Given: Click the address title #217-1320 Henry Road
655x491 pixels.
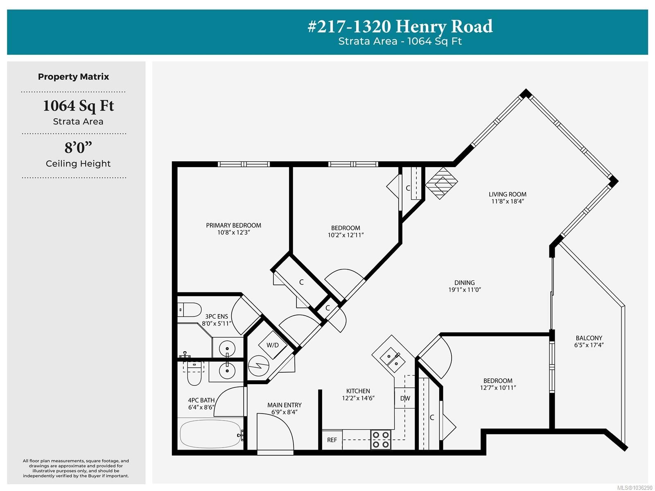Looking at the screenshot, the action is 400,26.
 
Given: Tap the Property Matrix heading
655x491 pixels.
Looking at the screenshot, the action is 73,77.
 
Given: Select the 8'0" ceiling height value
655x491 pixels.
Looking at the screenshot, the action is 78,148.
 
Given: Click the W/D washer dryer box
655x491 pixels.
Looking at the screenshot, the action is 273,345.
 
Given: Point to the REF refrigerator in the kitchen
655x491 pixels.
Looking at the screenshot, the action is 332,440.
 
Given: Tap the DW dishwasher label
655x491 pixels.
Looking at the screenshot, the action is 405,398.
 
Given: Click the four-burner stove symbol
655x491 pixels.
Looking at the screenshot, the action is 380,440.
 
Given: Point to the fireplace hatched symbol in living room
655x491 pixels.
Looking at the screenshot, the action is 441,183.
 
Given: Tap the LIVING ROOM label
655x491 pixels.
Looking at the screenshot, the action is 507,194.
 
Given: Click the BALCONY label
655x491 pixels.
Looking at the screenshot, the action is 589,338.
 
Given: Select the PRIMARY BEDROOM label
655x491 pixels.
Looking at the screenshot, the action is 233,225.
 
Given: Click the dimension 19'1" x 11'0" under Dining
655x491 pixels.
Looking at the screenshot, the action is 464,290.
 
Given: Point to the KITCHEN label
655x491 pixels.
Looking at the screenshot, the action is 358,391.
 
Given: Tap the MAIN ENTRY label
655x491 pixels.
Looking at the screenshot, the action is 284,405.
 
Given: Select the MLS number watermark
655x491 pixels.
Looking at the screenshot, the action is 635,487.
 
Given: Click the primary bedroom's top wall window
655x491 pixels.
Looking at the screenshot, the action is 244,164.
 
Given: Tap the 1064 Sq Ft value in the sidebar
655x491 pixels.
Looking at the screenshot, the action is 79,106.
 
